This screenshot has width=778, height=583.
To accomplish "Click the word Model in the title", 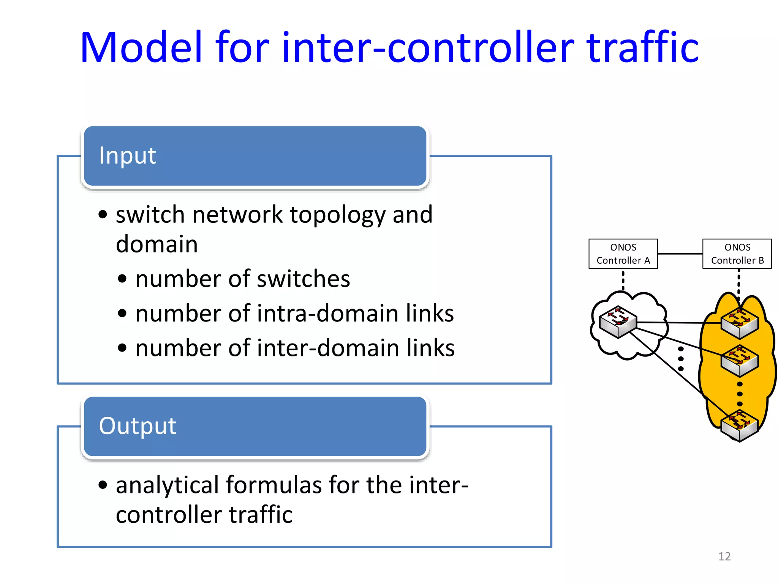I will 141,47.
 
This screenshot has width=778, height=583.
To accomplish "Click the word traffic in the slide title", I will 642,47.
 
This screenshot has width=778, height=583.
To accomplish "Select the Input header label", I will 127,155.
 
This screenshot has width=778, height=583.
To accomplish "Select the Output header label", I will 138,425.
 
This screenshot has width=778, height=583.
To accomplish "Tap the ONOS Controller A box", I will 623,254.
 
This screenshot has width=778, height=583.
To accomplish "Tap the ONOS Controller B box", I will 737,254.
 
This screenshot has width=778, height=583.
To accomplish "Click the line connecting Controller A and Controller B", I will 680,254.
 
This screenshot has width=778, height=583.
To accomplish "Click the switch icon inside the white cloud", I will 618,321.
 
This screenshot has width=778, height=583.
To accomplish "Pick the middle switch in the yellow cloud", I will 739,361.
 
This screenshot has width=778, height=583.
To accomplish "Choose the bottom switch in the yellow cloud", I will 739,426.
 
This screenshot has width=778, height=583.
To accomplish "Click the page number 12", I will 724,556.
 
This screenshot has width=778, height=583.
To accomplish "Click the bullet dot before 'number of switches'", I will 122,279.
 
